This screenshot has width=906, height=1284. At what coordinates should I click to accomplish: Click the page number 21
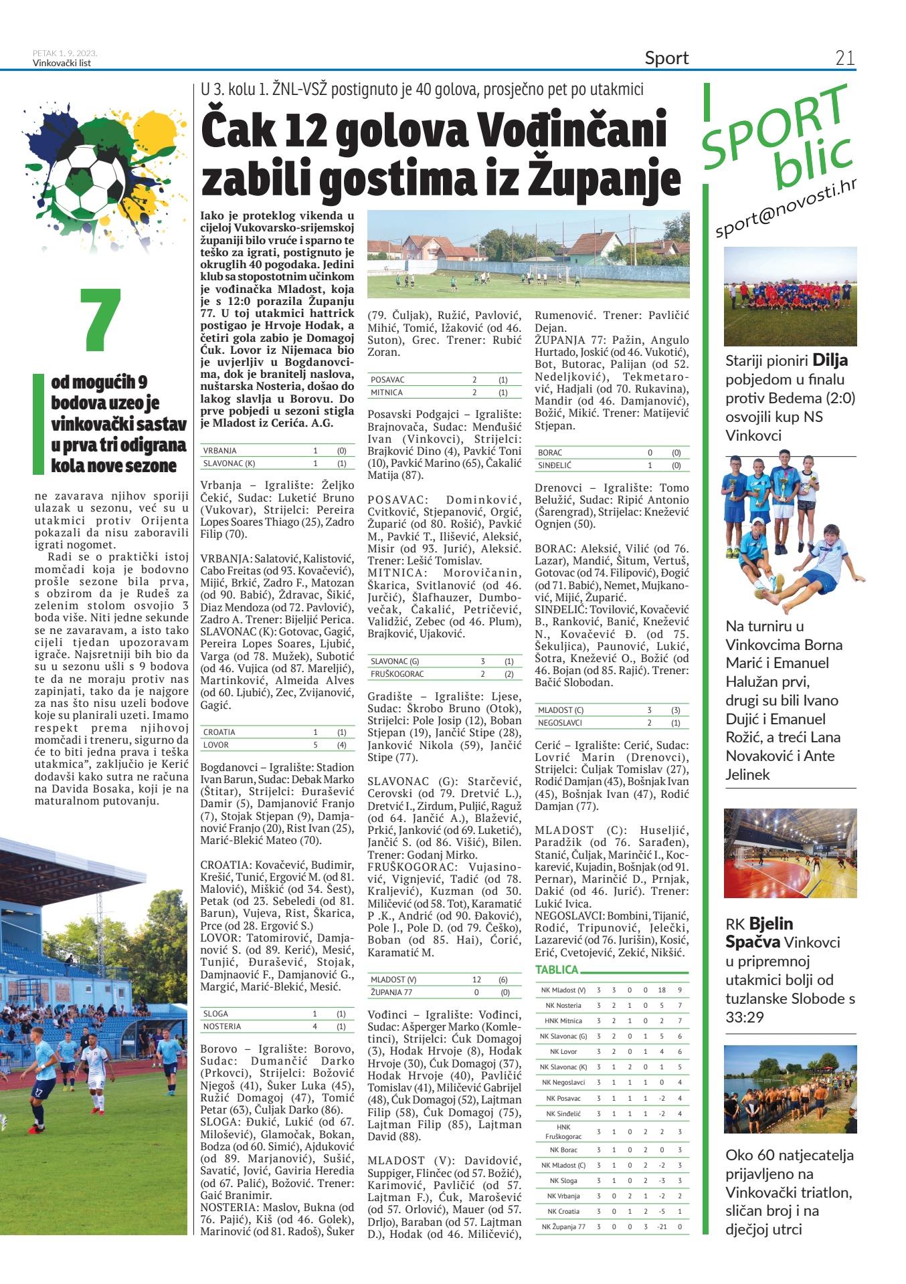(x=844, y=58)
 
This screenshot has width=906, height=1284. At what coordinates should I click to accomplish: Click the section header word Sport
(x=666, y=58)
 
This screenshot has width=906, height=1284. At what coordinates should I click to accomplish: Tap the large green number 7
(x=100, y=320)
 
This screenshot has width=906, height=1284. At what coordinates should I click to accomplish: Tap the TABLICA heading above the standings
(x=557, y=970)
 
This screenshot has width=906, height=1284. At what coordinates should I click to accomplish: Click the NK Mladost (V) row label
(x=563, y=990)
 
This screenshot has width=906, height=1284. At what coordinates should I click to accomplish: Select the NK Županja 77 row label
(x=563, y=1226)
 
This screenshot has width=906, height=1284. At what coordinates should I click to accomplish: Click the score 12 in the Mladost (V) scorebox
(x=476, y=980)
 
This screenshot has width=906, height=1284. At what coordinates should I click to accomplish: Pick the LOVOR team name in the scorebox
(x=216, y=745)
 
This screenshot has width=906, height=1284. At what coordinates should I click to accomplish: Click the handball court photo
(x=790, y=853)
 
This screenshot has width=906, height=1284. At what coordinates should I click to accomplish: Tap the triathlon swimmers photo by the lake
(x=790, y=1089)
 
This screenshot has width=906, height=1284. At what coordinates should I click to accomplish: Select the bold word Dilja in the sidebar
(x=830, y=360)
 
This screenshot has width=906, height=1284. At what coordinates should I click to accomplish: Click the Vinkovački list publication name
(x=62, y=64)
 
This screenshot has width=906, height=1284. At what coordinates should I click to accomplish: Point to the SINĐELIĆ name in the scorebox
(x=555, y=465)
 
